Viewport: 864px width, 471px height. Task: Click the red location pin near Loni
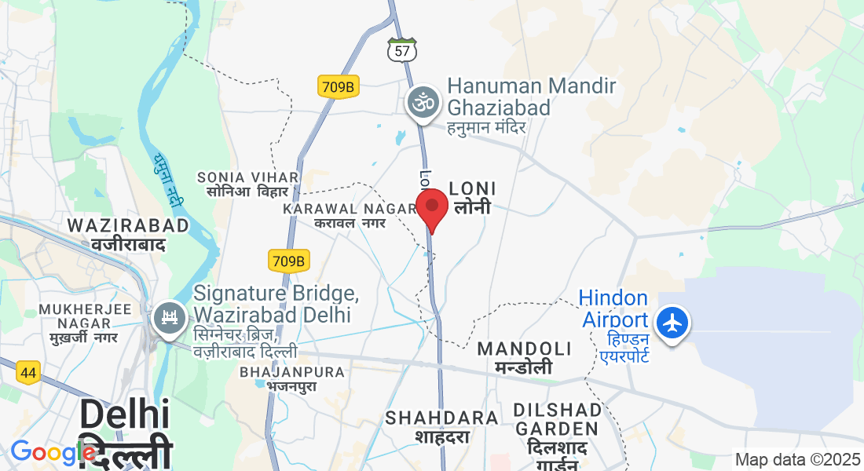click(x=432, y=207)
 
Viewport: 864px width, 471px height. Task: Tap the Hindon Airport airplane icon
click(x=672, y=323)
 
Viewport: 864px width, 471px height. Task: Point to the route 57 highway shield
click(x=402, y=50)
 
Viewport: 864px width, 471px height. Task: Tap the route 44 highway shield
click(x=28, y=373)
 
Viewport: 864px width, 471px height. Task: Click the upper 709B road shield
click(x=339, y=86)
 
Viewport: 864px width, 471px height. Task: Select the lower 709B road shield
click(x=289, y=261)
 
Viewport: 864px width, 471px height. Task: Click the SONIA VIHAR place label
click(x=247, y=177)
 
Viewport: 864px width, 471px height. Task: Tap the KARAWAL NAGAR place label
click(x=350, y=209)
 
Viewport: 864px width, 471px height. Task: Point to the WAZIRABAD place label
click(x=128, y=226)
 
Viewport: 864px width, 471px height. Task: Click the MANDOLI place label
click(x=524, y=349)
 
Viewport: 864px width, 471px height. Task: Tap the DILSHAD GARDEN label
click(x=555, y=419)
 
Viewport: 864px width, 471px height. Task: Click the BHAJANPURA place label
click(x=292, y=372)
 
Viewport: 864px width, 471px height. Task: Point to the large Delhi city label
click(x=125, y=416)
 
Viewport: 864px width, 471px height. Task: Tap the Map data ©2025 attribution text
click(x=798, y=459)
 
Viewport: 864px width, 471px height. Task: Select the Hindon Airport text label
click(x=614, y=309)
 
